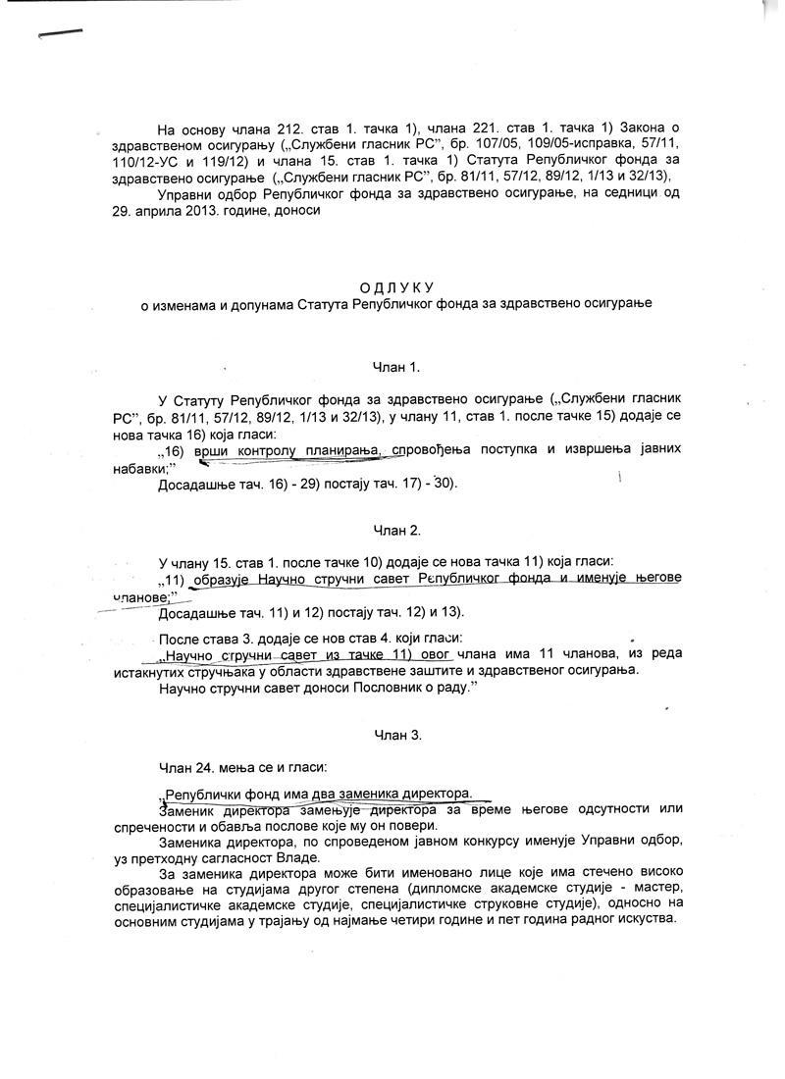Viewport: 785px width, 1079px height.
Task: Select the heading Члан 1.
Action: tap(395, 367)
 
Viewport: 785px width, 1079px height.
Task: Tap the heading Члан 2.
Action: tap(395, 530)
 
